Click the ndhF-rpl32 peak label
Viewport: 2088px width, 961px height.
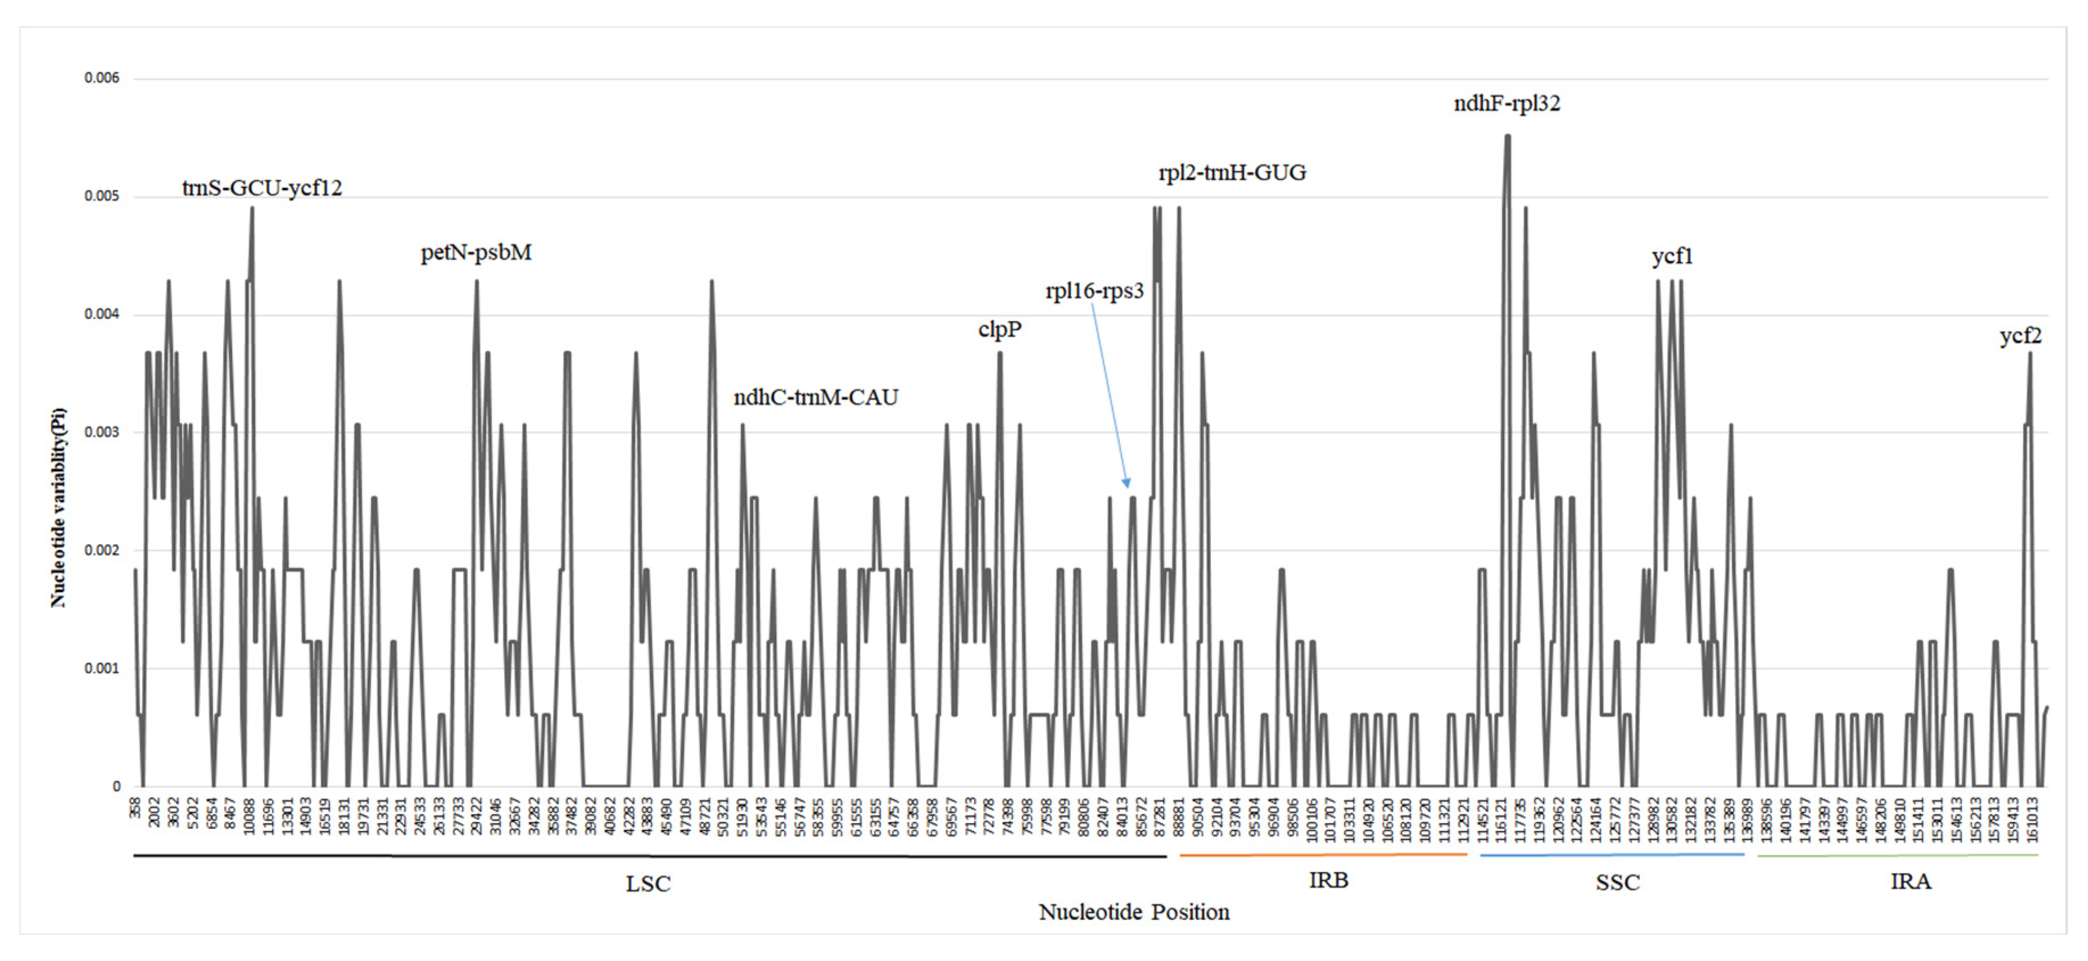[x=1506, y=104]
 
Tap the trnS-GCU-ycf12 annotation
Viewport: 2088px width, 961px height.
[x=262, y=188]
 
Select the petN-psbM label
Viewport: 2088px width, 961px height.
[x=476, y=253]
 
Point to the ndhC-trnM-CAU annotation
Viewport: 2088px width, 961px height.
[x=815, y=397]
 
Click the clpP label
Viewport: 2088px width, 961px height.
[x=1000, y=329]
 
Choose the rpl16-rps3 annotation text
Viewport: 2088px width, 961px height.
[x=1093, y=291]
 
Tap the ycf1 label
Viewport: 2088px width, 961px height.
[x=1672, y=257]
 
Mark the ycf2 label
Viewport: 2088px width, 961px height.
[x=2019, y=336]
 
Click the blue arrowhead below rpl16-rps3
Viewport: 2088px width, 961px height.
[x=1126, y=483]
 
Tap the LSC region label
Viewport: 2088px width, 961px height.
[x=647, y=883]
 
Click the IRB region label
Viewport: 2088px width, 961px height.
[x=1328, y=880]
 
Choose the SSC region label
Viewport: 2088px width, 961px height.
[x=1617, y=882]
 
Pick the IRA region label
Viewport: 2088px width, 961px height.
[x=1910, y=881]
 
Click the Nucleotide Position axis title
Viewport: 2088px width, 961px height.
[x=1133, y=913]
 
